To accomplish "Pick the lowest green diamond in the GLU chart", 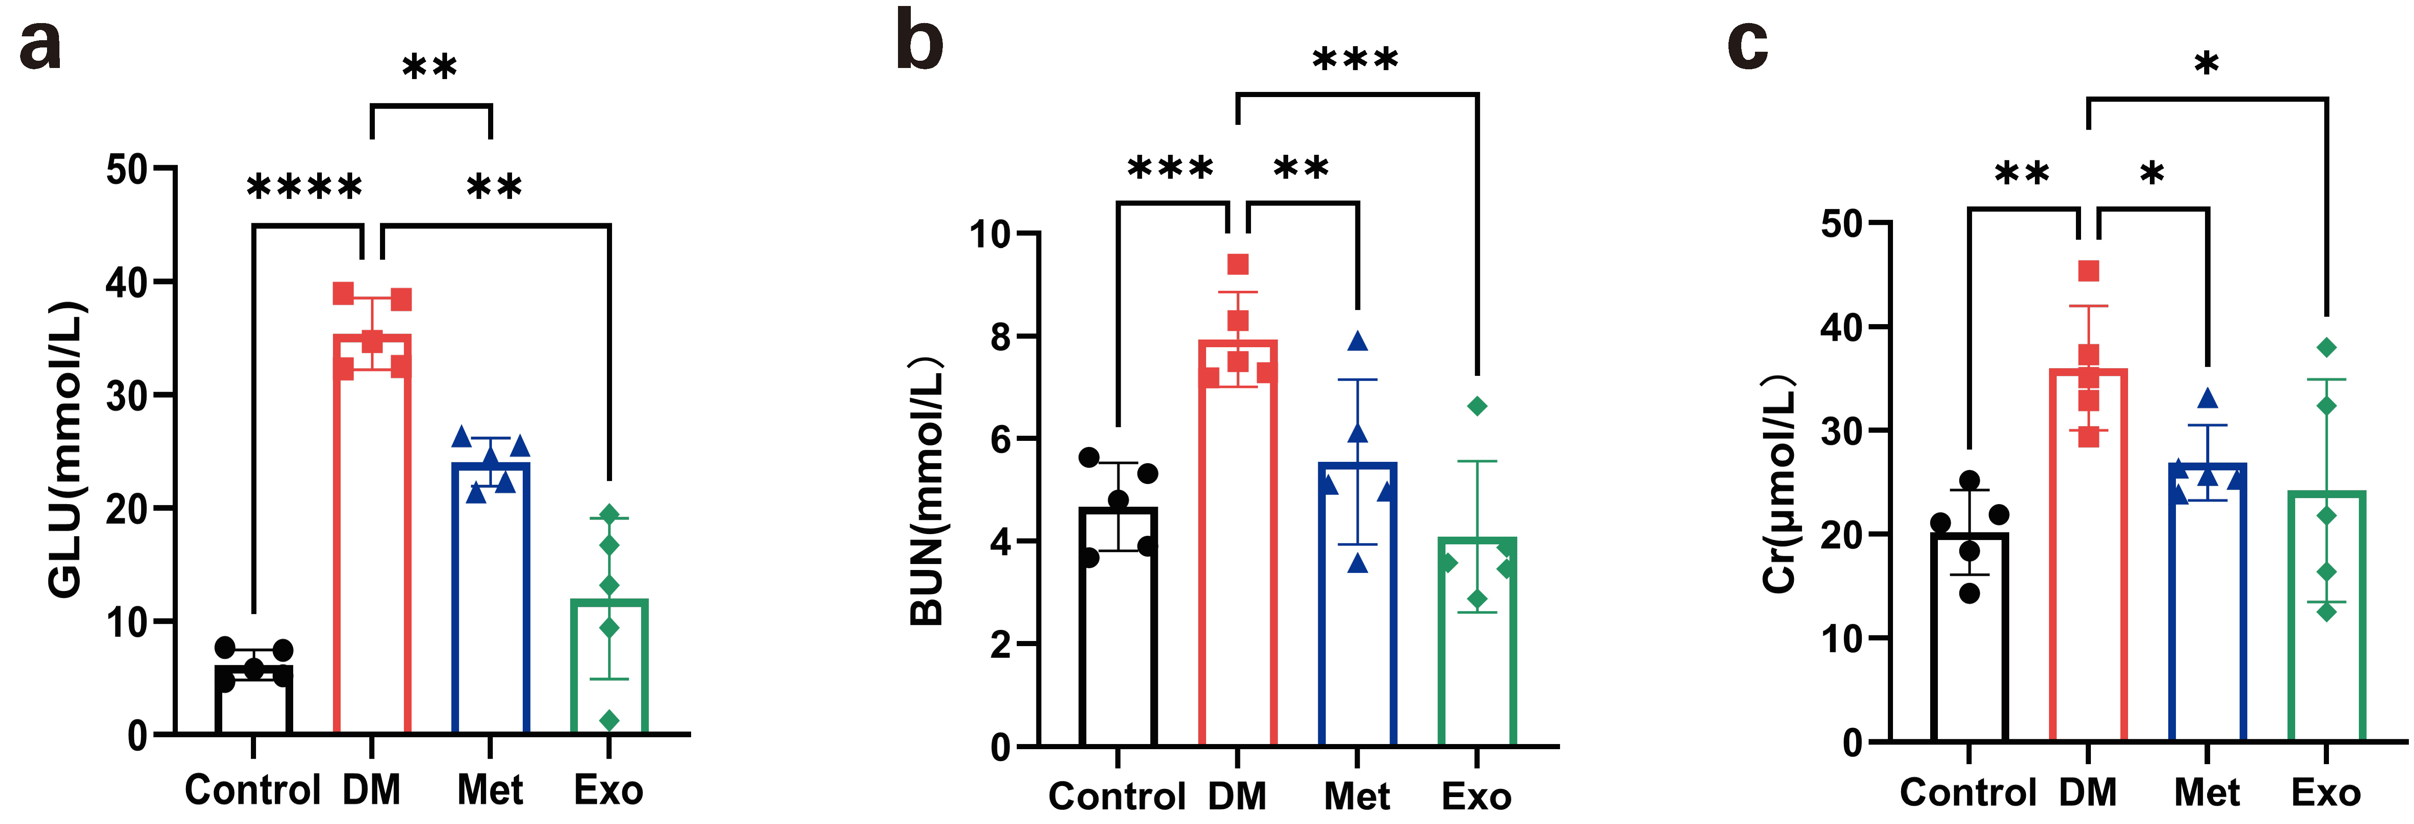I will tap(609, 720).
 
